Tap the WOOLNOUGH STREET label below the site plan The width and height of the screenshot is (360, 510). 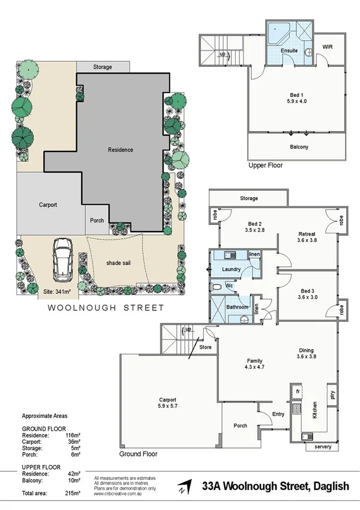pos(106,307)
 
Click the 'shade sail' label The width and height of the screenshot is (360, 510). pos(118,263)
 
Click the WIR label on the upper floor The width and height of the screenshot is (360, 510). pos(328,46)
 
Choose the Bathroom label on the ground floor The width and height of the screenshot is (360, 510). pos(237,307)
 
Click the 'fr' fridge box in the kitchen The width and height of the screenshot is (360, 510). pos(297,392)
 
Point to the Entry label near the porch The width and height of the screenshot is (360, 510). pos(278,414)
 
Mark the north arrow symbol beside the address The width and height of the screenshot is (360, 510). pos(188,485)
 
